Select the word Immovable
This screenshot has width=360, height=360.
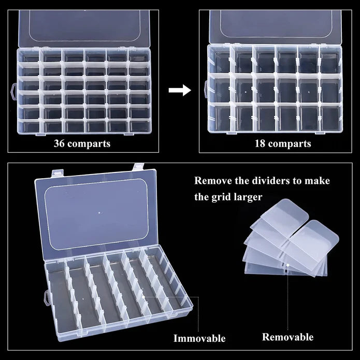[x=200, y=339]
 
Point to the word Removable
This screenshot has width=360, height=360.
[x=287, y=337]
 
